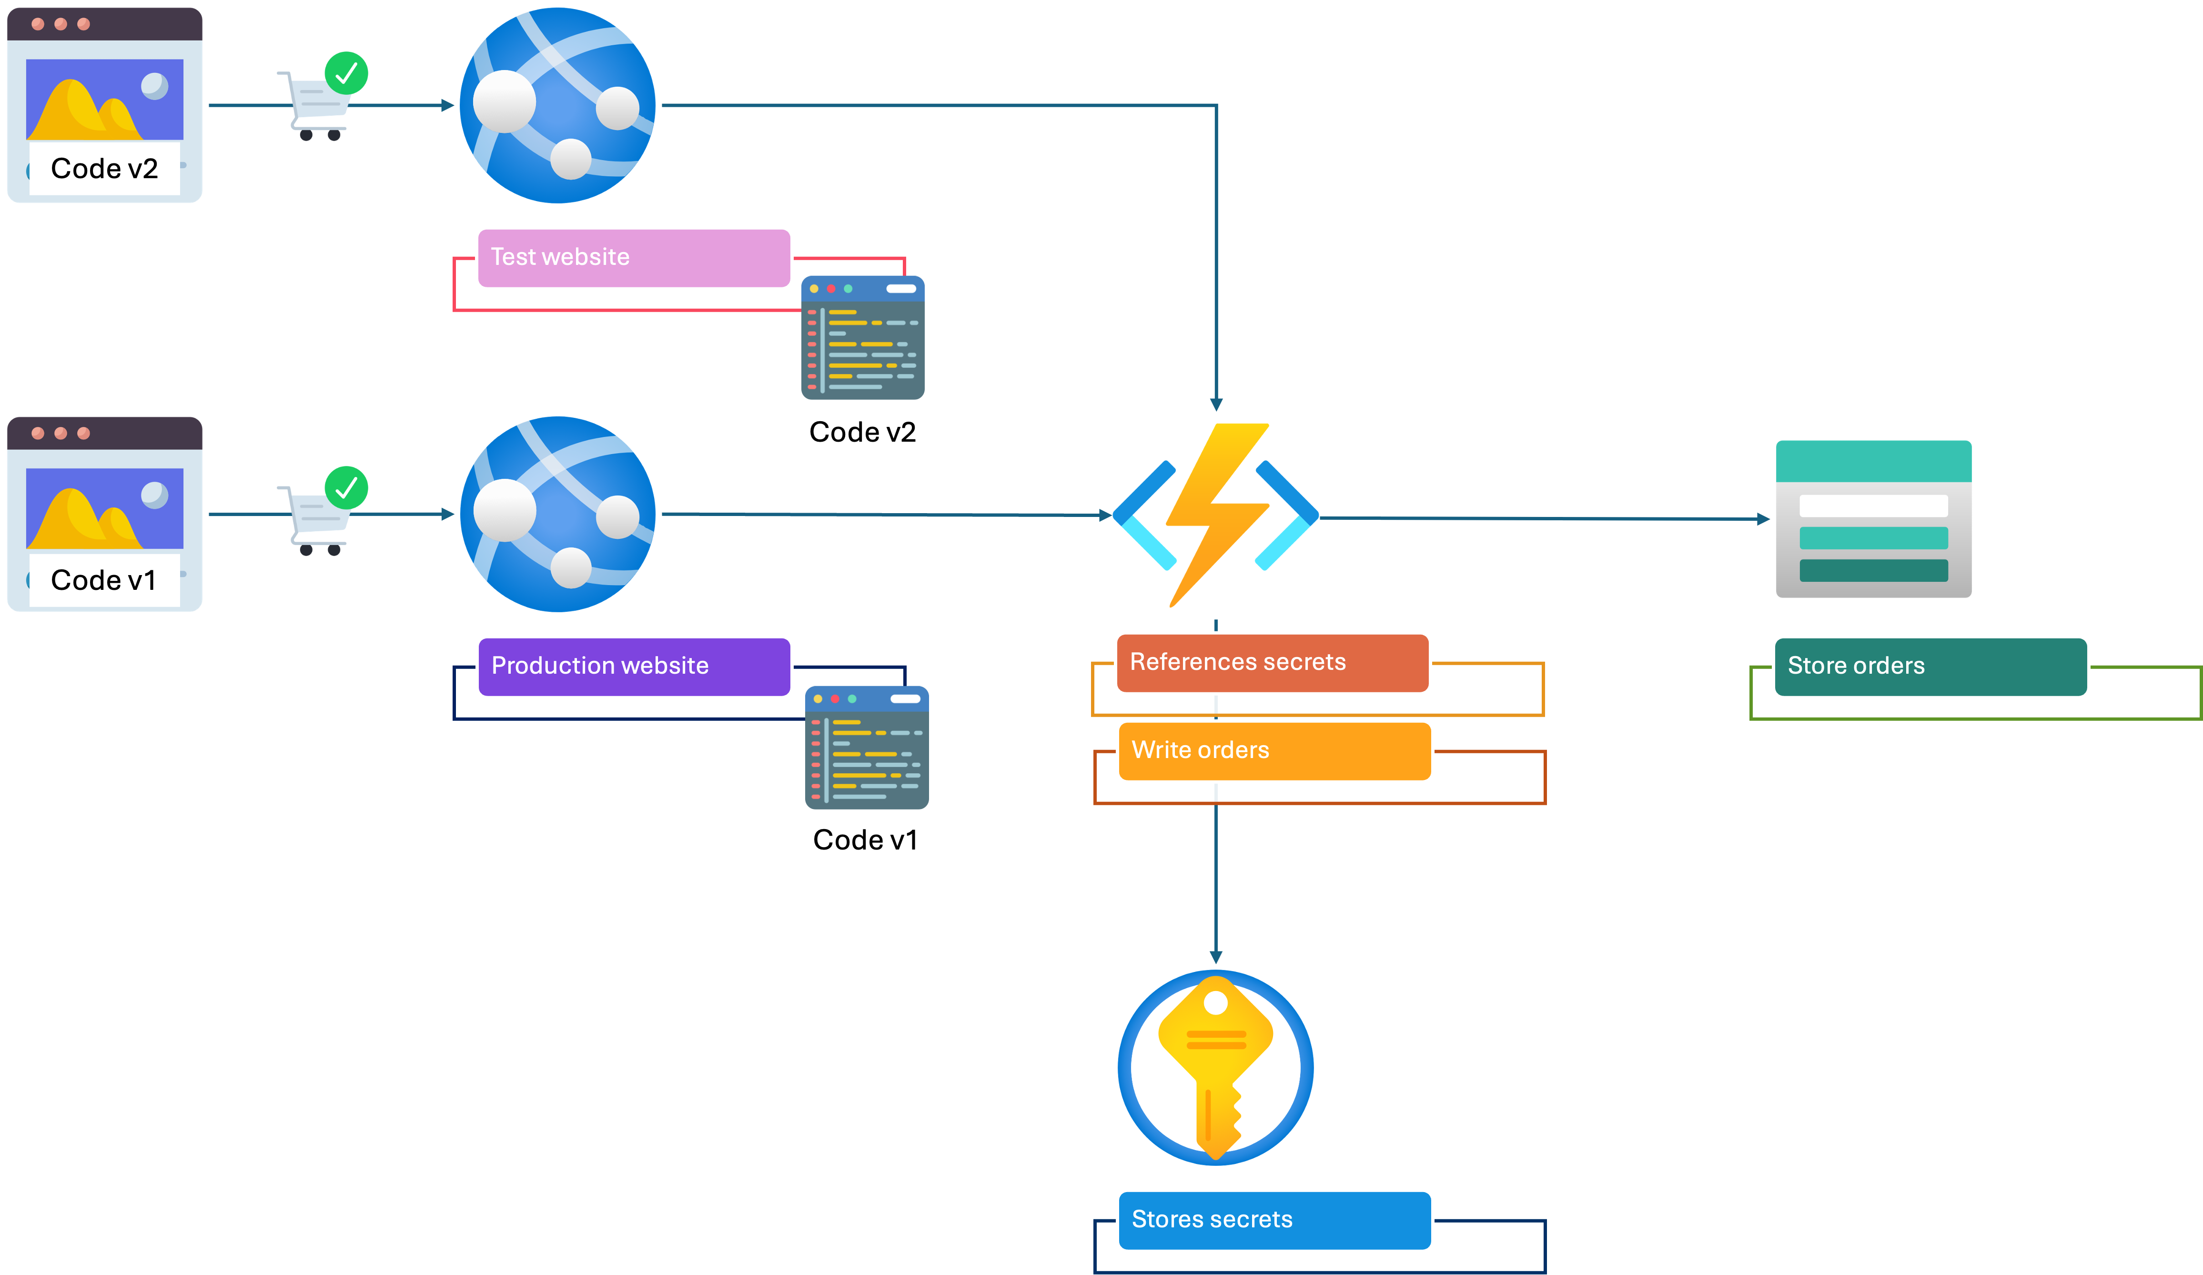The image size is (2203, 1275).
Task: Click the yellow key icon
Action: click(x=1215, y=1067)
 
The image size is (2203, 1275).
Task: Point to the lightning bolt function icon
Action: click(x=1215, y=516)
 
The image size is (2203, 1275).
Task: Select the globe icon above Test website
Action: click(x=559, y=105)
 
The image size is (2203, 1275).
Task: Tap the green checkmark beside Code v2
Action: click(x=346, y=72)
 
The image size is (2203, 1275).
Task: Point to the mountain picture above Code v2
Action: click(x=105, y=100)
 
